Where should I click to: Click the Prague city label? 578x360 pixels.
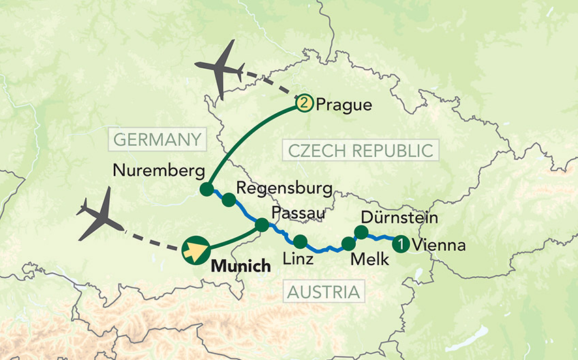(x=344, y=105)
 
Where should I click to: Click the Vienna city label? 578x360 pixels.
(x=440, y=245)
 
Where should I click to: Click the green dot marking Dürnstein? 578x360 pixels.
(x=361, y=232)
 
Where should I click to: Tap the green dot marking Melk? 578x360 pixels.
(x=348, y=244)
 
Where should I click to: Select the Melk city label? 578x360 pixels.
(x=369, y=260)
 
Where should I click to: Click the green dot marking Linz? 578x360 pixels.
(x=300, y=241)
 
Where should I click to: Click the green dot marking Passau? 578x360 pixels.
(x=262, y=224)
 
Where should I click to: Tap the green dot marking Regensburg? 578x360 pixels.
(x=229, y=200)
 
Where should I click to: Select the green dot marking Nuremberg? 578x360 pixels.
(x=206, y=190)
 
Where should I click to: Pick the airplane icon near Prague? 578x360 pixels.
(x=221, y=69)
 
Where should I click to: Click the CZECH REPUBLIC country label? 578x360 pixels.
(x=361, y=150)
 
